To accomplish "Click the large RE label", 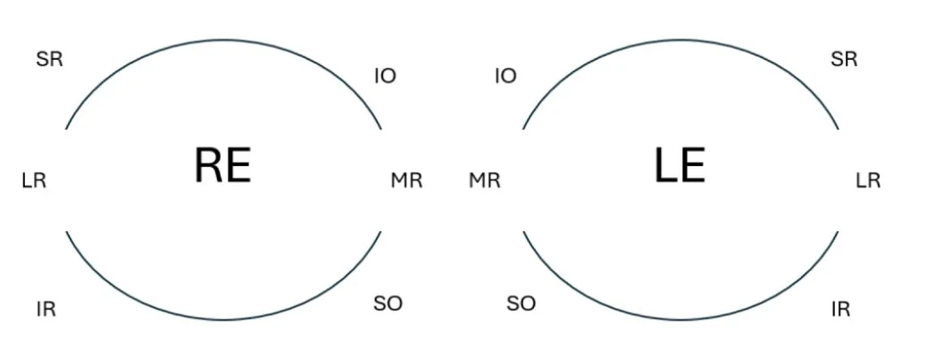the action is click(222, 165).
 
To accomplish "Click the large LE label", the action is click(680, 165).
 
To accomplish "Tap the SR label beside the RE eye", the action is click(50, 60).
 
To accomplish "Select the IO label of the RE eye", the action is click(385, 76).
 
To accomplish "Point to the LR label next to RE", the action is click(34, 180).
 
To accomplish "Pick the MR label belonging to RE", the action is click(406, 180).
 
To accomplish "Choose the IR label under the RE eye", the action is click(46, 310).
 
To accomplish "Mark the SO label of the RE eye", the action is click(388, 304).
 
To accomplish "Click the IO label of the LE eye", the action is click(505, 76).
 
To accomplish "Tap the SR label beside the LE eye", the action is click(844, 60).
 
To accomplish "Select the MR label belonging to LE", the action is click(485, 180).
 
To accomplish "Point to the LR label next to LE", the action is click(868, 180).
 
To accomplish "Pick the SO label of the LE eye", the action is click(521, 304).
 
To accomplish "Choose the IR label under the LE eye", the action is click(840, 310).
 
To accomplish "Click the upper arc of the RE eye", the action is click(223, 40).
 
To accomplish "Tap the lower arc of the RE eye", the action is click(223, 318).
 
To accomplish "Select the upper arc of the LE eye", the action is click(680, 40).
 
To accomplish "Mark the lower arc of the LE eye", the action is click(680, 318).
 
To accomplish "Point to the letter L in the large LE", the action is click(665, 165).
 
